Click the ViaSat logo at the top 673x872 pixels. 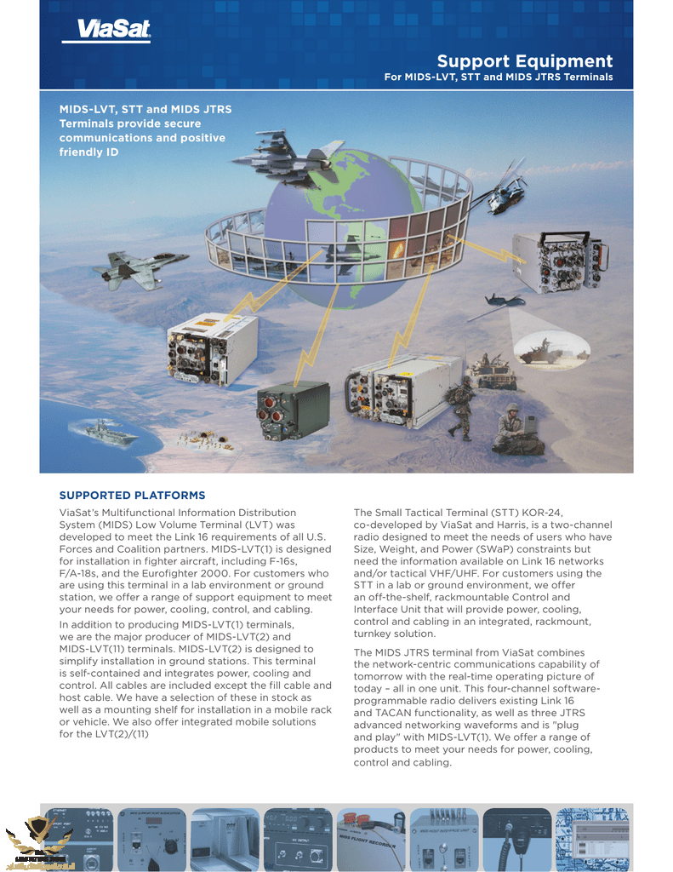tap(106, 32)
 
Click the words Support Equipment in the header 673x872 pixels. tap(524, 61)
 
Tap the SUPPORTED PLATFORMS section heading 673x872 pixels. tap(132, 496)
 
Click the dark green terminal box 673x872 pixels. tap(294, 410)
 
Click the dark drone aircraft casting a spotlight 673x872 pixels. tap(504, 299)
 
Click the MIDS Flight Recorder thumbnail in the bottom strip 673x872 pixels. tap(370, 839)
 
